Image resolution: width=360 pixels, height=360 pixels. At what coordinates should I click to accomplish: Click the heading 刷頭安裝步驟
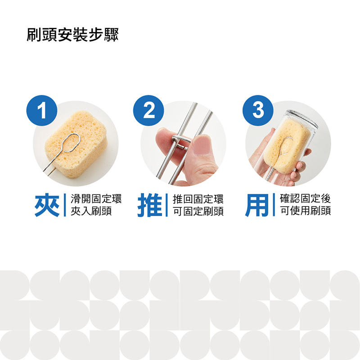pos(72,35)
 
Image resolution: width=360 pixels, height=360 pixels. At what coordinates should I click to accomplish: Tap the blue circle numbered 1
pos(42,110)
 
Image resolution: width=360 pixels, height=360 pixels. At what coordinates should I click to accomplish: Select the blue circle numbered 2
pos(148,110)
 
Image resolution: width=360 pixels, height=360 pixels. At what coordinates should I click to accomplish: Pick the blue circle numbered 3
pos(258,110)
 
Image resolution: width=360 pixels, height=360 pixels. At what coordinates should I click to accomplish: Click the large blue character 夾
pos(47,205)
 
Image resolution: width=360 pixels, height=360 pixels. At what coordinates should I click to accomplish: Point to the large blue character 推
pos(150,205)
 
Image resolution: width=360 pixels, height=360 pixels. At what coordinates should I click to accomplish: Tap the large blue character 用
pos(257,205)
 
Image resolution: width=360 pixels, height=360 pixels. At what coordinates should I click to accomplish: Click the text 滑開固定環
pos(96,198)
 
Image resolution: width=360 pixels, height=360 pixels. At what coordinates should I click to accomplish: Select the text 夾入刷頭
pos(91,211)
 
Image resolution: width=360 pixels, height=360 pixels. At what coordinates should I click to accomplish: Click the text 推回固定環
pos(198,199)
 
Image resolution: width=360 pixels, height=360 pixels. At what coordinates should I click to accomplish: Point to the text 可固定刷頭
pos(198,211)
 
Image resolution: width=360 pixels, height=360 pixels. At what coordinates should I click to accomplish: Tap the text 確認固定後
pos(306,198)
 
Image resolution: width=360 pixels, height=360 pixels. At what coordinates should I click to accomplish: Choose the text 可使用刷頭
pos(306,211)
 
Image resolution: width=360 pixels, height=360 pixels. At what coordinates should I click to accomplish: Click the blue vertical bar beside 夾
pos(65,205)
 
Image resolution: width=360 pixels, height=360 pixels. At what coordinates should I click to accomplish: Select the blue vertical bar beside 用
pos(274,205)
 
